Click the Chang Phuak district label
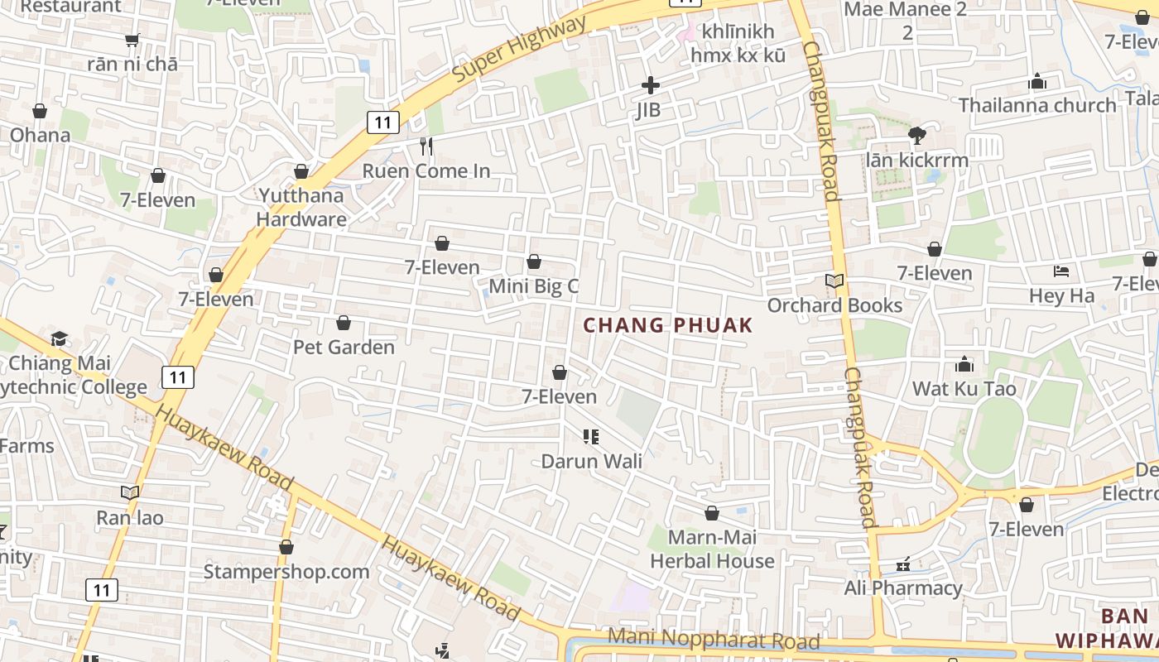point(668,324)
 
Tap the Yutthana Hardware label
point(301,208)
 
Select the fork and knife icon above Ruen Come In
point(426,146)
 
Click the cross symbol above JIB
point(651,84)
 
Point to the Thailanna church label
point(1037,105)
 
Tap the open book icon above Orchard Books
point(834,281)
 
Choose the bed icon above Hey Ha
point(1061,271)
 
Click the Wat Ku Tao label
point(964,388)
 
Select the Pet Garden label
point(344,347)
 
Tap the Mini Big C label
point(533,286)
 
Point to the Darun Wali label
point(591,461)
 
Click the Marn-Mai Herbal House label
point(712,549)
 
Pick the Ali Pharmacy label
point(902,588)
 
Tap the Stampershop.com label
point(286,572)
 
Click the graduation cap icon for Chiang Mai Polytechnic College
point(59,338)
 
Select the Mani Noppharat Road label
point(714,639)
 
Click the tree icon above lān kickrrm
point(916,136)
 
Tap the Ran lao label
point(130,518)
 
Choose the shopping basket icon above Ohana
point(40,111)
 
